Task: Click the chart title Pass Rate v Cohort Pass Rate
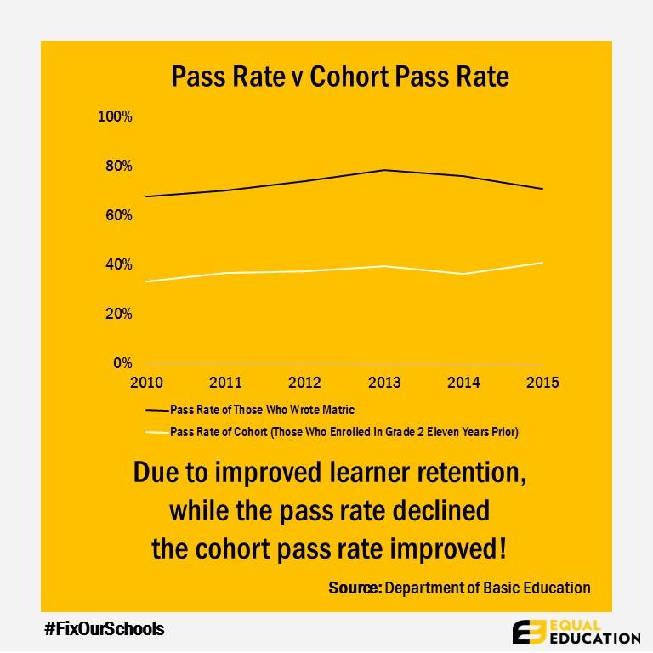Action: pyautogui.click(x=340, y=77)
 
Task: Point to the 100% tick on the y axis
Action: pyautogui.click(x=116, y=116)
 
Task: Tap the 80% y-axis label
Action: pyautogui.click(x=118, y=166)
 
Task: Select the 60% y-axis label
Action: pyautogui.click(x=118, y=215)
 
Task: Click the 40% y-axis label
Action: pyautogui.click(x=118, y=264)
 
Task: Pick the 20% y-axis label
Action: pyautogui.click(x=118, y=314)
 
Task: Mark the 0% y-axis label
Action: pyautogui.click(x=122, y=363)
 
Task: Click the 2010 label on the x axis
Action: pyautogui.click(x=147, y=383)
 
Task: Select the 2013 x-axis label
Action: pyautogui.click(x=384, y=383)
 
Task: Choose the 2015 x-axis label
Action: pyautogui.click(x=542, y=383)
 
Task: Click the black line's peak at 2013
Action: pyautogui.click(x=384, y=170)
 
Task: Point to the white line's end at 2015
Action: pyautogui.click(x=542, y=263)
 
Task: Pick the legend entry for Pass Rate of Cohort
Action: pyautogui.click(x=344, y=432)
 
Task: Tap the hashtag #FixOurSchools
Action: pyautogui.click(x=104, y=629)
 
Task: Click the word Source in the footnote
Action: pyautogui.click(x=355, y=588)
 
